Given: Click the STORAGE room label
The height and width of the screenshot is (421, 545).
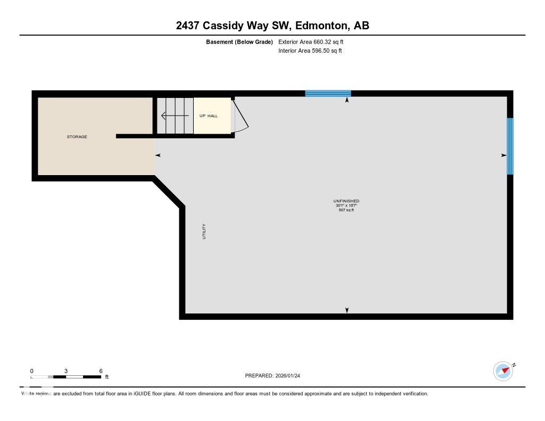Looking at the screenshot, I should coord(77,137).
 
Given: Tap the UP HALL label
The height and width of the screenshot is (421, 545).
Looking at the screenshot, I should coord(209,115).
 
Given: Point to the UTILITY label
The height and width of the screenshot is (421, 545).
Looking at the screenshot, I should coord(204,232).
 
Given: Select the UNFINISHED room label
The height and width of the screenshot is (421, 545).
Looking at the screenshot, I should coord(346,201).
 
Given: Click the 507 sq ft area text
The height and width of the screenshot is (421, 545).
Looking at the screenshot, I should coord(346,210).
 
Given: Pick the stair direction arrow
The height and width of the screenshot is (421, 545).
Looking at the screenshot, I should coord(175,115).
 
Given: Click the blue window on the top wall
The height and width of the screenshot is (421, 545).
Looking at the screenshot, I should coord(328,93).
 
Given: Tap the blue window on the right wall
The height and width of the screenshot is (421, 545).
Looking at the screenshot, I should coord(510,146).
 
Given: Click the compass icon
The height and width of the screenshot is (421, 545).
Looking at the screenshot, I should coord(503,371).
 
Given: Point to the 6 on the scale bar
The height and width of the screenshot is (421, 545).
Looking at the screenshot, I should coord(101,371).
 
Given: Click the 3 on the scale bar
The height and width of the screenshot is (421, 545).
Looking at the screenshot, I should coord(66,371).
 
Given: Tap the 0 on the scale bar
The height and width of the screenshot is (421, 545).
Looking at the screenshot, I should coord(32,371).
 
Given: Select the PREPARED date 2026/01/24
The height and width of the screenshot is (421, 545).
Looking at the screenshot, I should coord(292,376).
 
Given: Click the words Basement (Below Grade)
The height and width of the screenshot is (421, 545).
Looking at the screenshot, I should coord(240,42).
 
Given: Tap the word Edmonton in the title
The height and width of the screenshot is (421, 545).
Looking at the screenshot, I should coord(318,26).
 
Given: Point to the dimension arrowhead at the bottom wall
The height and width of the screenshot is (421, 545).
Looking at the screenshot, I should coord(347,310).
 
